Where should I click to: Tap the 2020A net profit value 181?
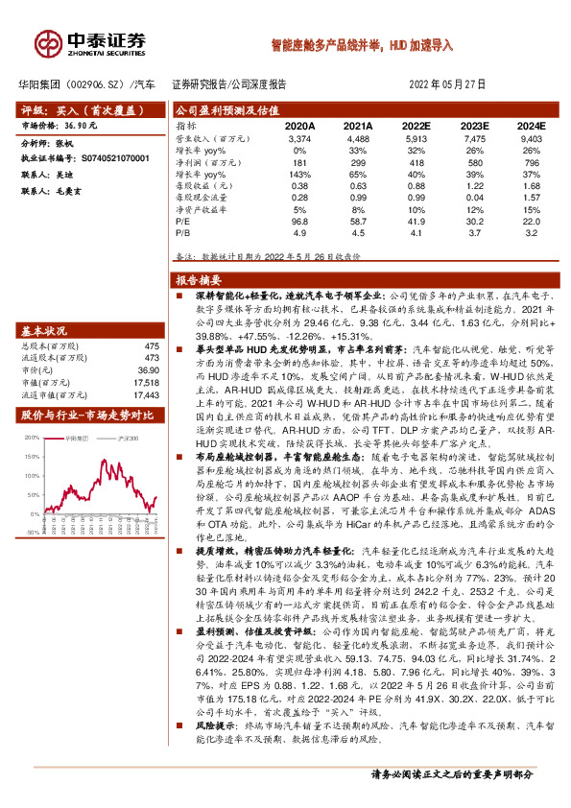coord(299,163)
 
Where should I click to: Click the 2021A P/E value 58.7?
coord(358,221)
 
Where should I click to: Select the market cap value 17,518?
coord(146,381)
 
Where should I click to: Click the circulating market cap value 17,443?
coord(146,393)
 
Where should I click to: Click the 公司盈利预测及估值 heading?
coord(226,110)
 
